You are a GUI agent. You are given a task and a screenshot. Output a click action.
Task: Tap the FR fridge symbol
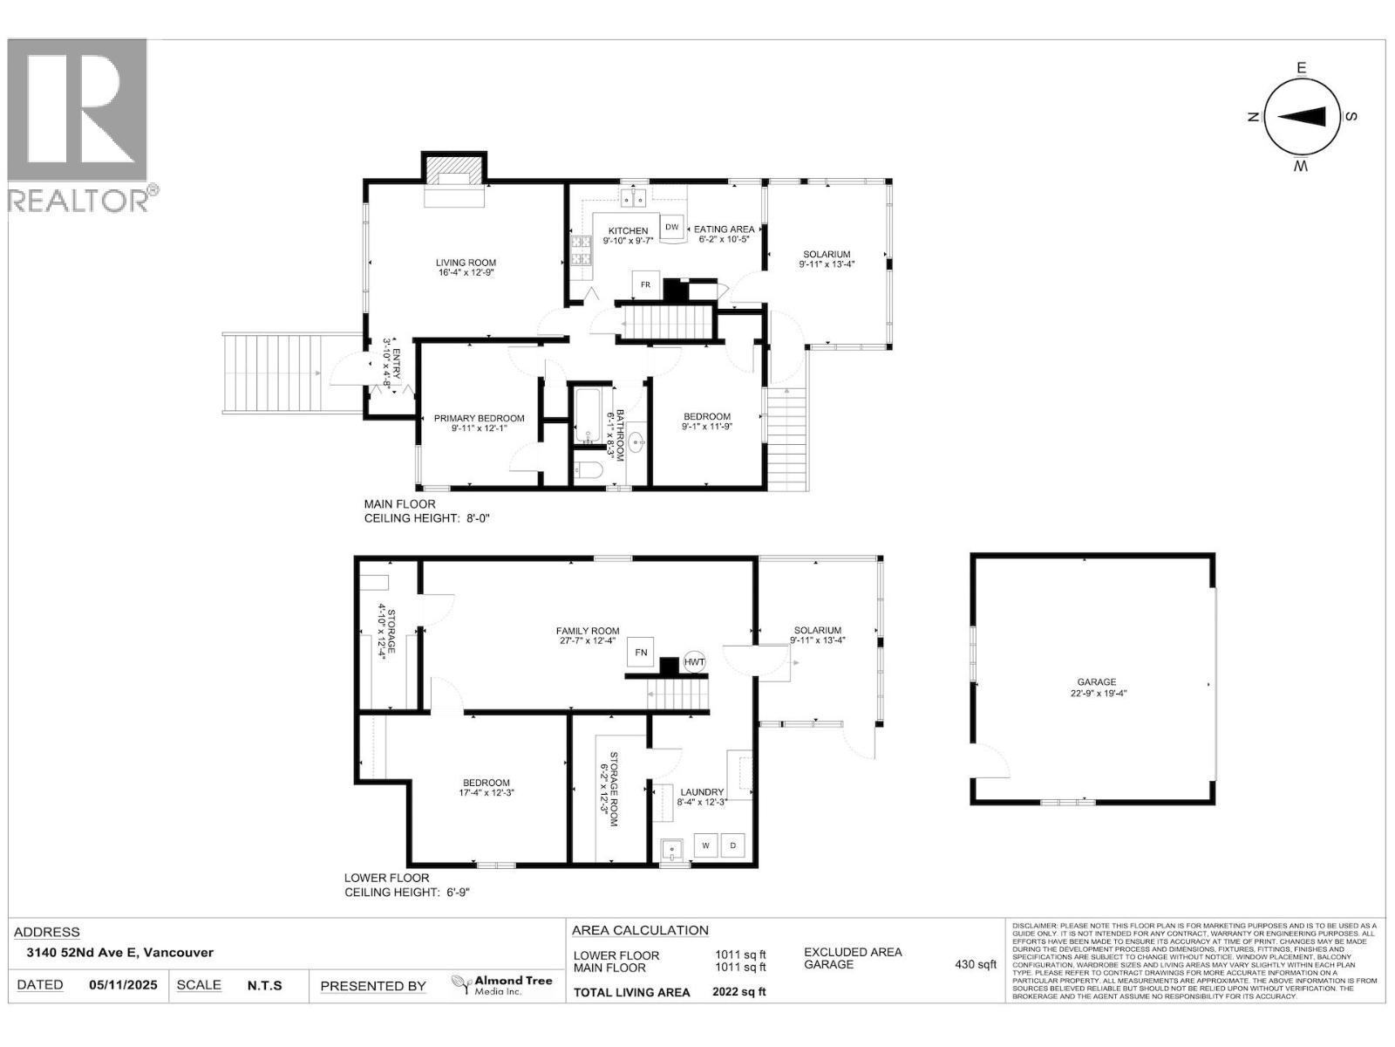coord(646,284)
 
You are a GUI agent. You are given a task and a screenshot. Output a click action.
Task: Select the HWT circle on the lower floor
coord(694,662)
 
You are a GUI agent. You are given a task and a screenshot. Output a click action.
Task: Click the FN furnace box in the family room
coord(641,652)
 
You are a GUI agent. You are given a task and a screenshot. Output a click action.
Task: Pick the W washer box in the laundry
coord(706,845)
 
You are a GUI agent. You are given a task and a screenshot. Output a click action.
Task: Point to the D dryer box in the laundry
coord(733,845)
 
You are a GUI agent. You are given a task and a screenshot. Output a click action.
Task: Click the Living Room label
coord(466,263)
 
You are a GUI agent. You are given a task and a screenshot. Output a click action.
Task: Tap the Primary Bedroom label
coord(479,419)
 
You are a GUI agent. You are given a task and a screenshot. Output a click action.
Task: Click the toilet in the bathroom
coord(589,471)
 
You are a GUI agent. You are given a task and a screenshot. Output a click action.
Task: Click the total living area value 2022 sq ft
coord(738,992)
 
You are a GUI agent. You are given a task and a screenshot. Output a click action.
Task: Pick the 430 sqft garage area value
coord(975,965)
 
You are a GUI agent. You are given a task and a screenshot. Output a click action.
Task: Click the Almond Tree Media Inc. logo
coord(501,986)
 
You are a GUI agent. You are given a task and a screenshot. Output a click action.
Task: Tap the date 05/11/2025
coord(123,985)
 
